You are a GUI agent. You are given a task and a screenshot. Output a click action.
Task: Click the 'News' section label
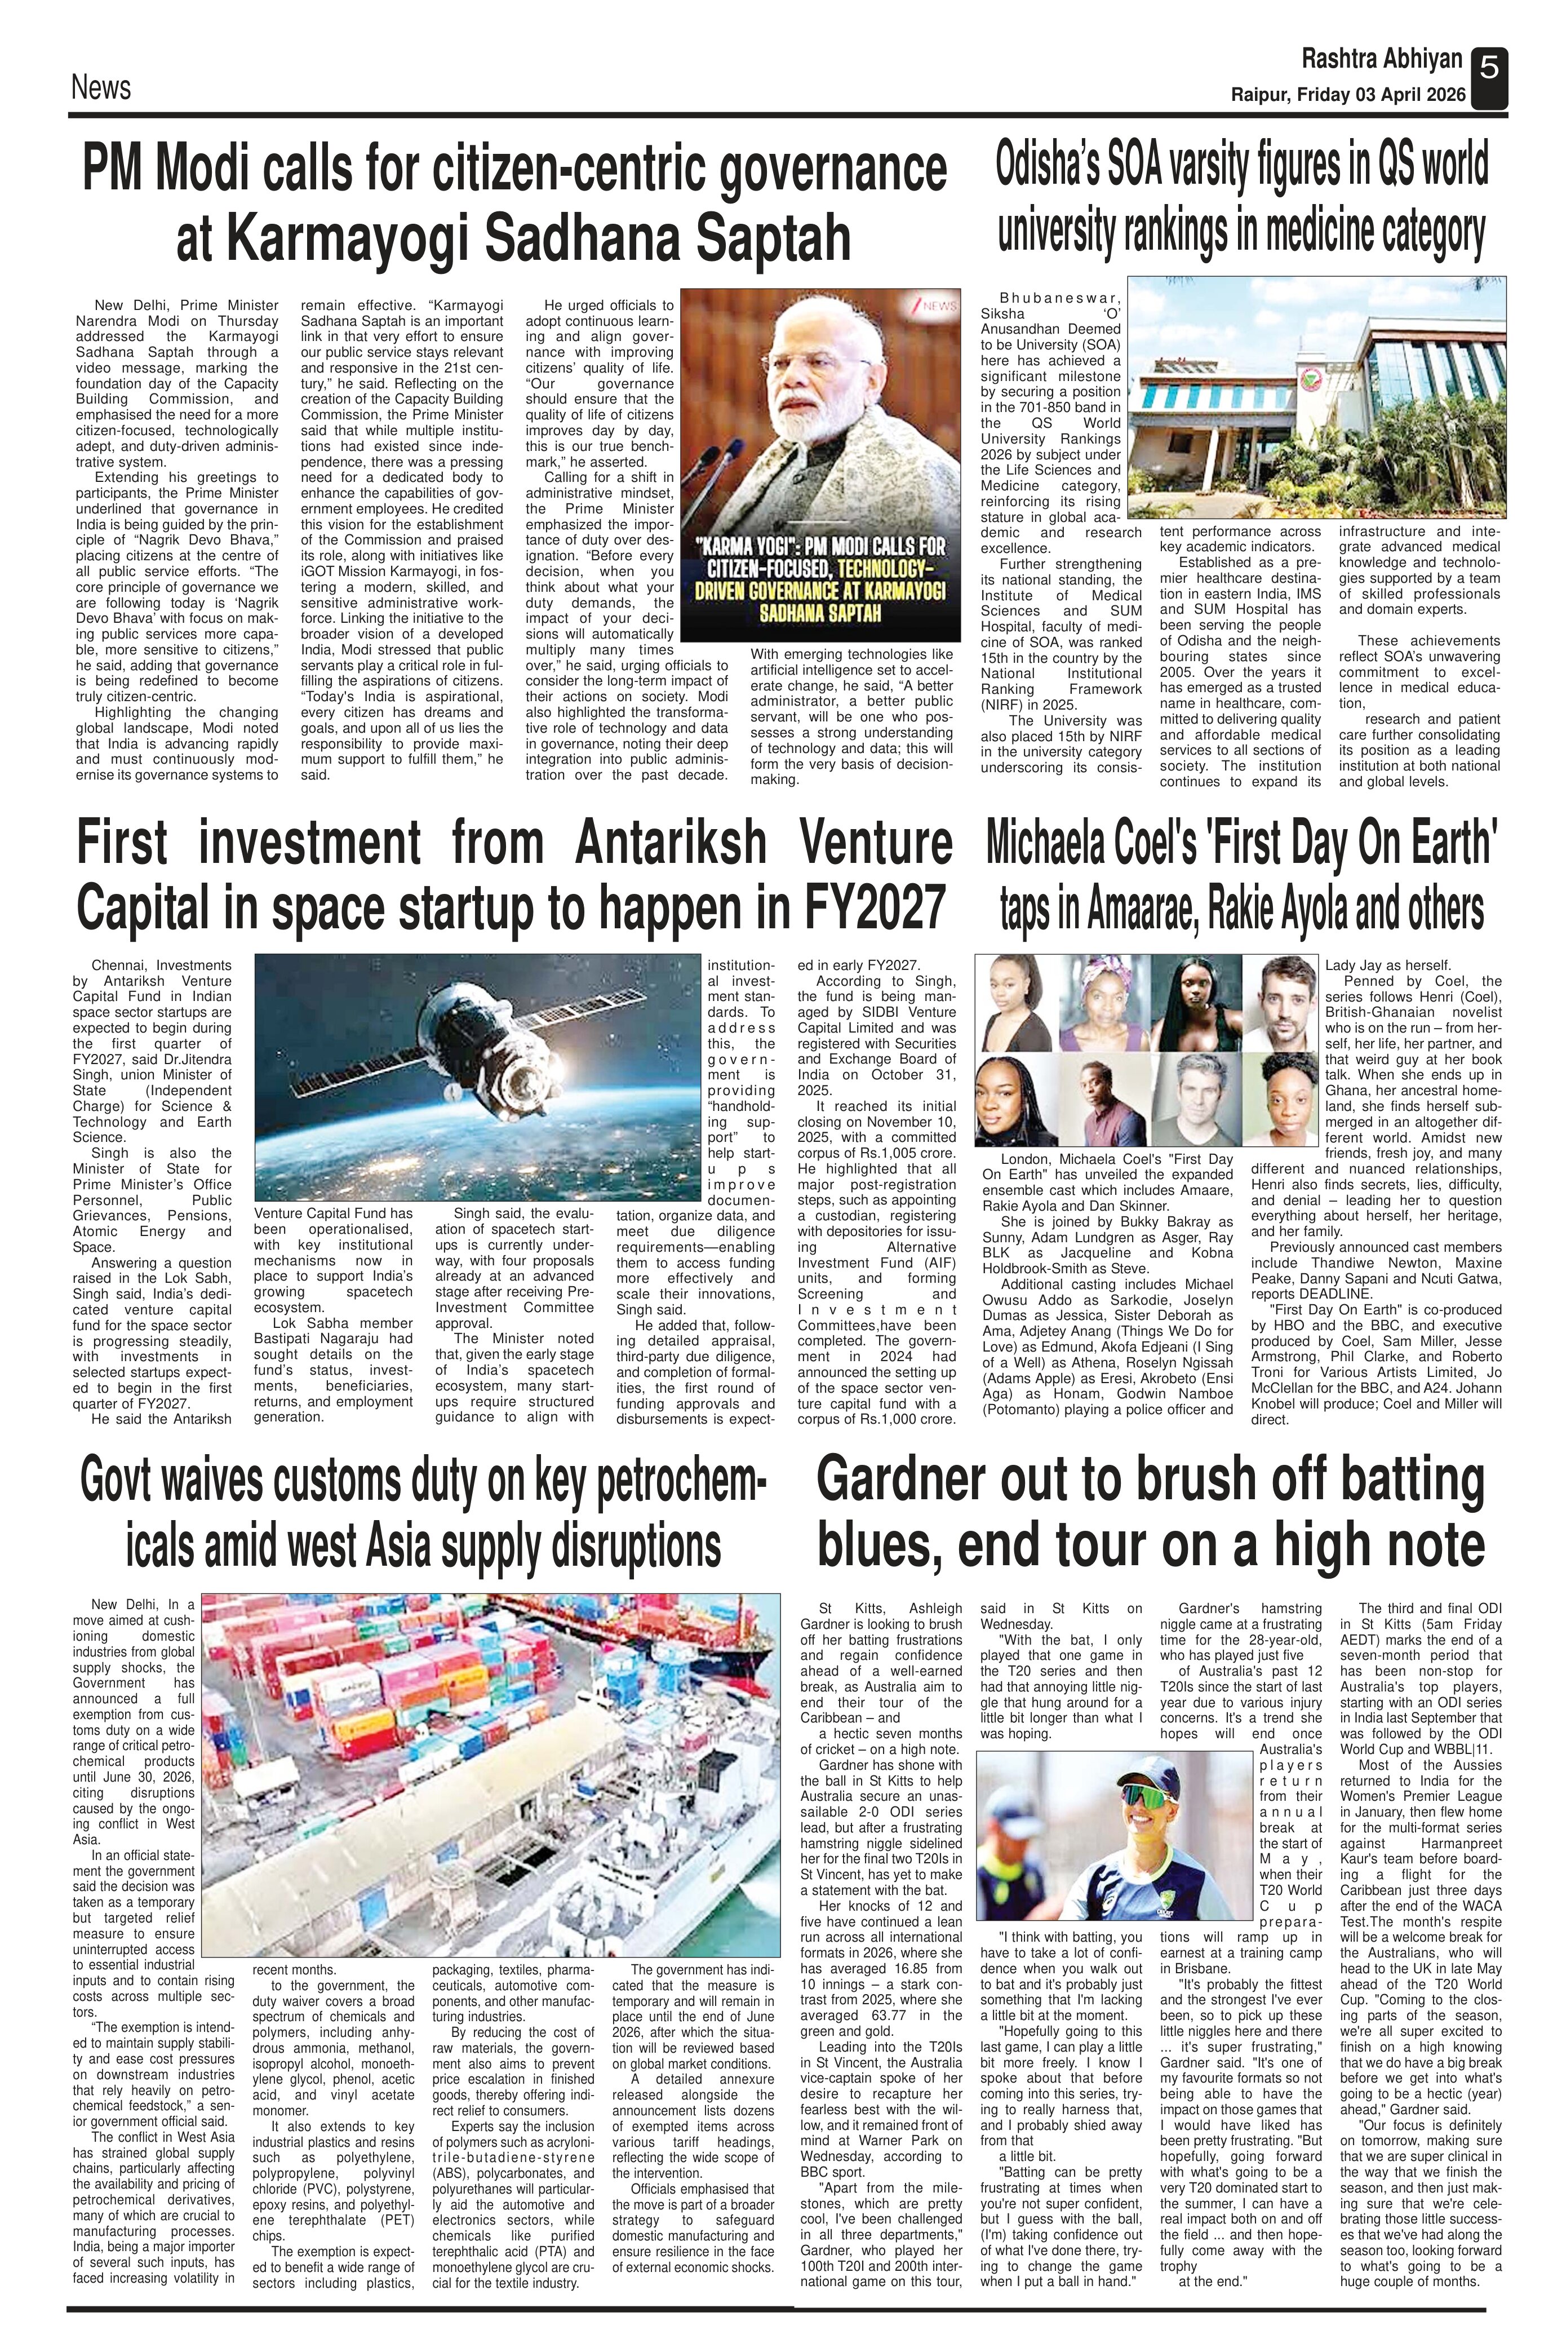(100, 88)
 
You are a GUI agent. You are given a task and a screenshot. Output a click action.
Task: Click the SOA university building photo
(1317, 396)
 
